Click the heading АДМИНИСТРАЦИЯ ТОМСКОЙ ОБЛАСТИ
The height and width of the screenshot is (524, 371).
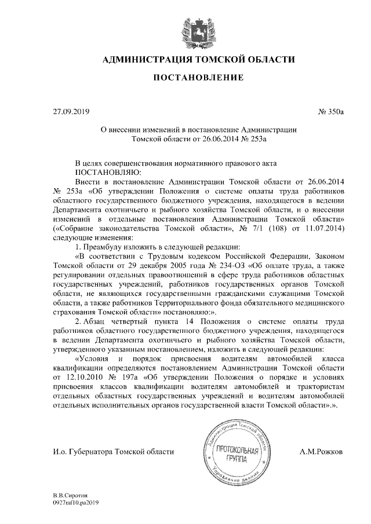[x=198, y=60]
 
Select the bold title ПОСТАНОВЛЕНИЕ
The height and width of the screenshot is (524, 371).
[x=198, y=78]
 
